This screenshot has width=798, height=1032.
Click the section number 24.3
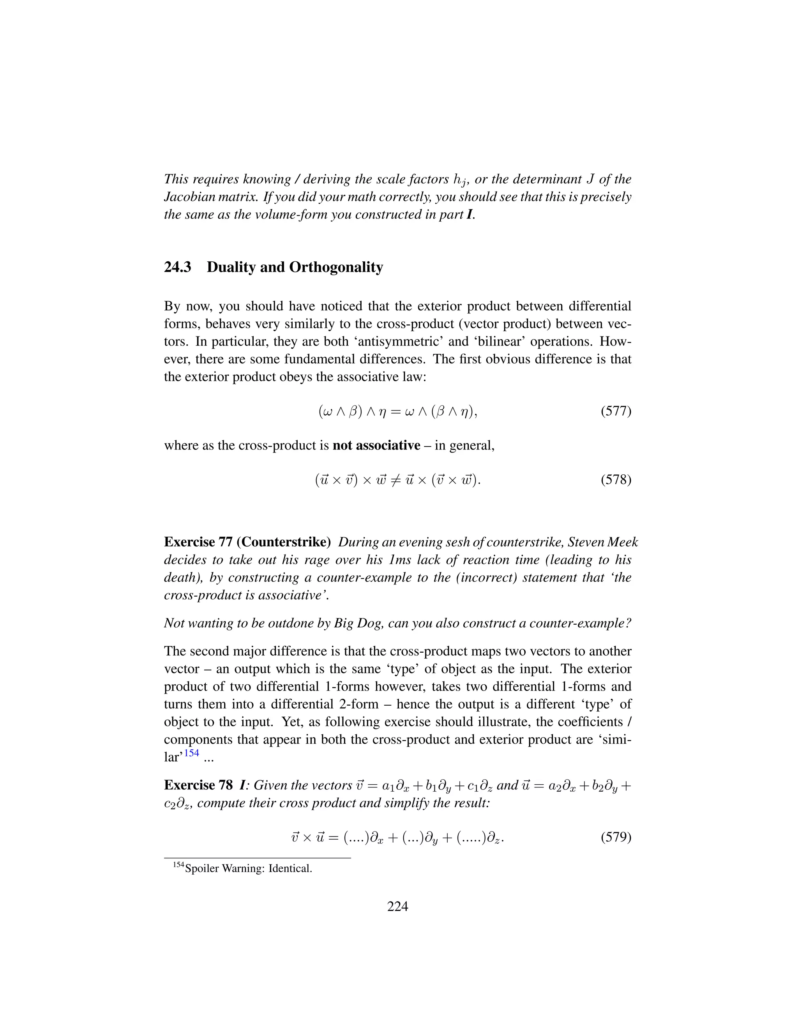click(x=177, y=268)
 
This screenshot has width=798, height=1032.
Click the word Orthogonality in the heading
click(x=335, y=268)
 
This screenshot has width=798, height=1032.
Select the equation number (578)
click(x=616, y=480)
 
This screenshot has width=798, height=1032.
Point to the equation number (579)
click(x=616, y=837)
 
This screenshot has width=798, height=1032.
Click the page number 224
click(x=397, y=906)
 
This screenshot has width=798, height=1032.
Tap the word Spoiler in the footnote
click(x=202, y=868)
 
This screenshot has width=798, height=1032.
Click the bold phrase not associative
click(x=376, y=446)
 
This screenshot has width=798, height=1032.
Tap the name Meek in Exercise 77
click(x=623, y=542)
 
